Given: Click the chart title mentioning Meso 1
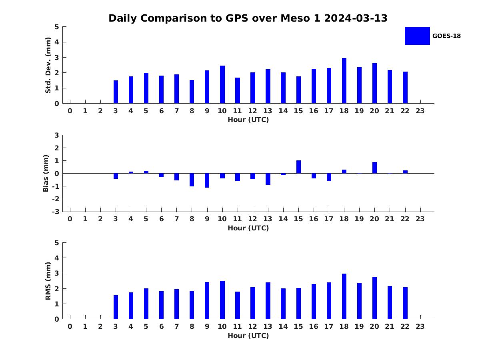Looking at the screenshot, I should [x=248, y=18].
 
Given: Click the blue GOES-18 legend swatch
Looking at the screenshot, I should [x=417, y=36].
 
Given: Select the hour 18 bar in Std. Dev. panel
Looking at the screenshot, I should [x=344, y=81].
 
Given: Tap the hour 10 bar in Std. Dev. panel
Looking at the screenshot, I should [x=222, y=84].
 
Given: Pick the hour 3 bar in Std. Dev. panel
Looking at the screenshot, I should [x=116, y=92].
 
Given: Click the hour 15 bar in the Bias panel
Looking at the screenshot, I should [x=298, y=167].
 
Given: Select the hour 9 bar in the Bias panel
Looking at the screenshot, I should [x=207, y=180].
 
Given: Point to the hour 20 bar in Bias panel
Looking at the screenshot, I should [x=374, y=168].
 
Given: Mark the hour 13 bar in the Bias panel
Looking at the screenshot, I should [x=268, y=179].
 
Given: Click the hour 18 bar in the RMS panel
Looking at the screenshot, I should [x=344, y=296].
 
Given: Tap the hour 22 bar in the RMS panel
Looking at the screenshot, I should [x=405, y=303].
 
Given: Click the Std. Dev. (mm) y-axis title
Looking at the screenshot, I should [x=48, y=65].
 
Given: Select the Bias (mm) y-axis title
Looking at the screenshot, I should [x=46, y=173].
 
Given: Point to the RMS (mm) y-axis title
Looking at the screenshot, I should [x=48, y=281].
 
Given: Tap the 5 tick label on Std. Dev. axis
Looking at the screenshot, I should [x=57, y=27].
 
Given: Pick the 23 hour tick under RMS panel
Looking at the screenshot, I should [x=420, y=326].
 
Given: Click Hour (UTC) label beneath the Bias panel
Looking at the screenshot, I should [x=248, y=228].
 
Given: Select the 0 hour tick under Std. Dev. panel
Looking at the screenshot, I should [x=70, y=111].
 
